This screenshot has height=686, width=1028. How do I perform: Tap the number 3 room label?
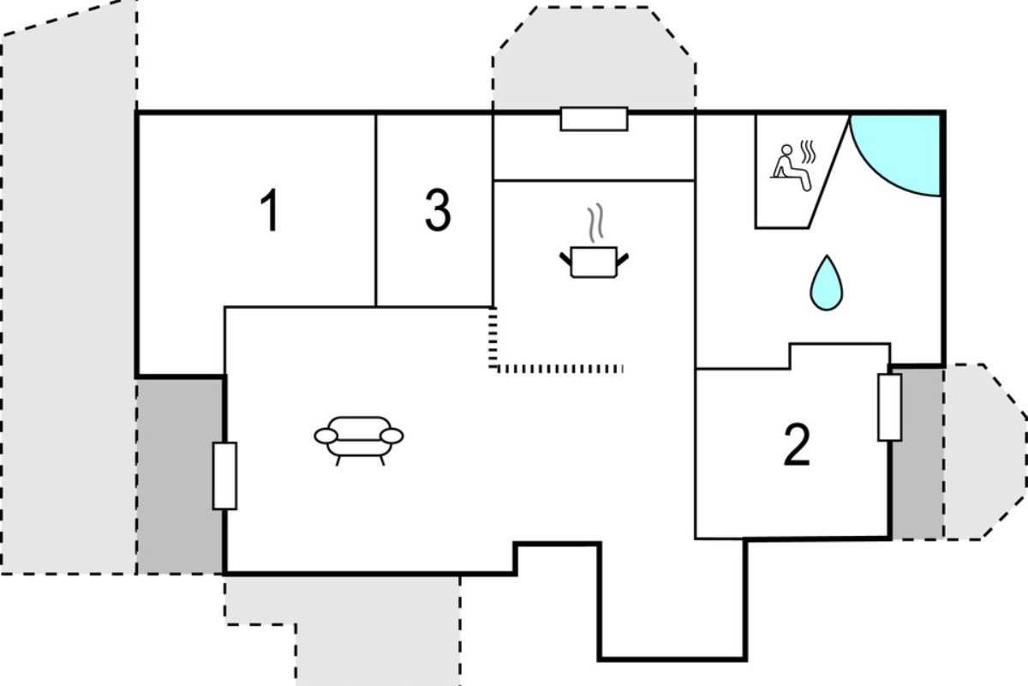click(x=438, y=209)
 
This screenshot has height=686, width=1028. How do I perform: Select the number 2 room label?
click(x=798, y=445)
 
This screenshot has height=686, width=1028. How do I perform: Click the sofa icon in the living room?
click(x=359, y=440)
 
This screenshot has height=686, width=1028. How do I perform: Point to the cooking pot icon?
click(x=594, y=262)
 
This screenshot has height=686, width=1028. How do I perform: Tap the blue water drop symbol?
click(x=827, y=283)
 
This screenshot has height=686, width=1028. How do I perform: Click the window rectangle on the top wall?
click(x=594, y=119)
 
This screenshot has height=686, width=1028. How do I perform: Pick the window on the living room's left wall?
click(x=224, y=476)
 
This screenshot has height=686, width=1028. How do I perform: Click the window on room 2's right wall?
click(x=890, y=407)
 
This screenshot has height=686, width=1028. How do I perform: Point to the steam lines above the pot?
click(x=595, y=223)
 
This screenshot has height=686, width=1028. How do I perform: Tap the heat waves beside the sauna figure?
click(x=808, y=152)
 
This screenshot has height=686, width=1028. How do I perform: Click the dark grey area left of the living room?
click(x=180, y=477)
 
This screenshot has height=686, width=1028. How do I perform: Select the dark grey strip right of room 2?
click(x=917, y=453)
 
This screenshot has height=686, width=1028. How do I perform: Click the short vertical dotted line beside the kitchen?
click(x=493, y=338)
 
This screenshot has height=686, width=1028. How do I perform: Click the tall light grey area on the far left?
click(x=69, y=294)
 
